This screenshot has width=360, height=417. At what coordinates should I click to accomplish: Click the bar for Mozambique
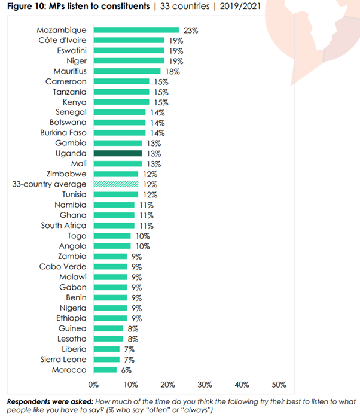(x=136, y=30)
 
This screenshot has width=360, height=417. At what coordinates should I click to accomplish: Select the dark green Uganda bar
(x=117, y=153)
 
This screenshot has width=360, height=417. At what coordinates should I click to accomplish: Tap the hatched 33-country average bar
(x=115, y=184)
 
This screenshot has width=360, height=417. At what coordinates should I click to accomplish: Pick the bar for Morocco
(x=105, y=370)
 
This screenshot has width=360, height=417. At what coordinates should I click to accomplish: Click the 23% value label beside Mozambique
(x=190, y=30)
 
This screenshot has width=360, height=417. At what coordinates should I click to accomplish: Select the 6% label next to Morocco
(x=126, y=370)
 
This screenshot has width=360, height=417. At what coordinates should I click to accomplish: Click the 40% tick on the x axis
(x=242, y=384)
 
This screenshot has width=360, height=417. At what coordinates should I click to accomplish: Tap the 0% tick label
(x=93, y=384)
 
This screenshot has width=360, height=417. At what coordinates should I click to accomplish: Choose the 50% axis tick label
(x=279, y=384)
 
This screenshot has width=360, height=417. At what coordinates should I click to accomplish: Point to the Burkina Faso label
(x=63, y=133)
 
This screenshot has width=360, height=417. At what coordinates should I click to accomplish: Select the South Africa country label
(x=64, y=226)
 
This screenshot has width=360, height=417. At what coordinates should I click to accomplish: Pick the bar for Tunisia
(x=115, y=194)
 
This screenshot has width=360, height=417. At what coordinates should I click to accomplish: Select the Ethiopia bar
(x=110, y=318)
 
